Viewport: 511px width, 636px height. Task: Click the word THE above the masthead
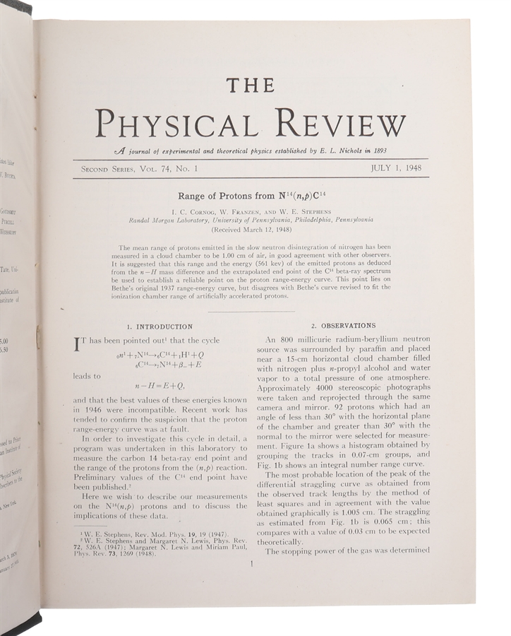(x=251, y=85)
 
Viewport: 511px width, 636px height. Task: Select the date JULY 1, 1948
(x=399, y=168)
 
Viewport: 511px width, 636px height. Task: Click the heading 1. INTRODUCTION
(x=159, y=326)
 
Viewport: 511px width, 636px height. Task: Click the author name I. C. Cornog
(x=193, y=211)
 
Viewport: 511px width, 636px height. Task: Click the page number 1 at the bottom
(x=251, y=563)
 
